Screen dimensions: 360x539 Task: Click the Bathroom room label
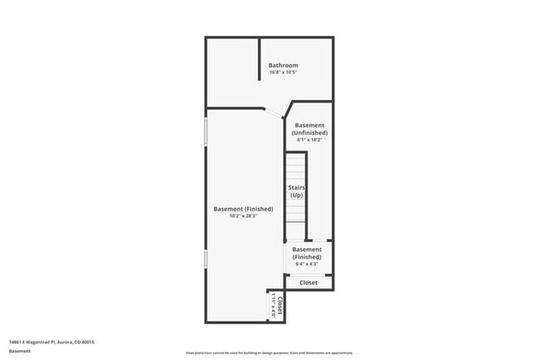283,65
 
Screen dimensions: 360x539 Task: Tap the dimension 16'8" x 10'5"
283,72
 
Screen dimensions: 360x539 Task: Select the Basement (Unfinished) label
309,129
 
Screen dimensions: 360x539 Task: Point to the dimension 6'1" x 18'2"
309,139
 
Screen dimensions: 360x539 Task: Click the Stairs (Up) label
296,192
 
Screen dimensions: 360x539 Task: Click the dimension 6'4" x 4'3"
307,264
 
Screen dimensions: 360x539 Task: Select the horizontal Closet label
308,283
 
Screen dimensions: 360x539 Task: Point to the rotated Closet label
280,306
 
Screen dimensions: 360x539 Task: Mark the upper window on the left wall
206,134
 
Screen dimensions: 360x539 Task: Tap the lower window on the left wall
206,260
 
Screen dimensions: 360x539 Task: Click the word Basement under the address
20,351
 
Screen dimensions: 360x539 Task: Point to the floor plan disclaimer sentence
269,352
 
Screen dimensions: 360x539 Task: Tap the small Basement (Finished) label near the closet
307,253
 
